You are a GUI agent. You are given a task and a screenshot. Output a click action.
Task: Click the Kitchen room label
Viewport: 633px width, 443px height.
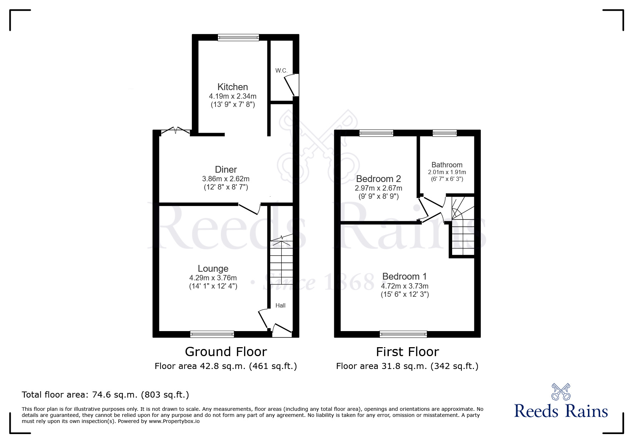pos(233,87)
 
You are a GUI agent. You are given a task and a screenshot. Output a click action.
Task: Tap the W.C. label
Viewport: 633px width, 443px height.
pos(282,70)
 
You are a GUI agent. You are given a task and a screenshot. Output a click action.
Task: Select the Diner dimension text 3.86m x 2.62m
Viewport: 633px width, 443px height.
pos(226,179)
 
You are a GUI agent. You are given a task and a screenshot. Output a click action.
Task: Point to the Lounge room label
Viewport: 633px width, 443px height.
pos(213,269)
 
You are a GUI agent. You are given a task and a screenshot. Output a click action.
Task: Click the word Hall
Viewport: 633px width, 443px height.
pos(281,305)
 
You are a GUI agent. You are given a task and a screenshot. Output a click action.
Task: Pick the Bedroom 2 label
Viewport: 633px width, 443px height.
pos(379,179)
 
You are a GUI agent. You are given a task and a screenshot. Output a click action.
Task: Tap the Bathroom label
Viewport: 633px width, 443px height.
pos(447,165)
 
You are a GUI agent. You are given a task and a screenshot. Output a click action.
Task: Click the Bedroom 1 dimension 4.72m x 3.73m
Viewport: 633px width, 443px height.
pos(405,286)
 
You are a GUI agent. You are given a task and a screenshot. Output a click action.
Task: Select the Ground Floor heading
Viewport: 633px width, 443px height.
pos(226,352)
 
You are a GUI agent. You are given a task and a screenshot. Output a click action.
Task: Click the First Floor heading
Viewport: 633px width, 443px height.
pos(407,352)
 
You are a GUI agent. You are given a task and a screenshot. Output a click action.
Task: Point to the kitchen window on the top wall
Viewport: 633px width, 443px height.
pos(238,37)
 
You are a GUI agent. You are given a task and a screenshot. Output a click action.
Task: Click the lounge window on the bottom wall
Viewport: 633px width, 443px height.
pos(212,334)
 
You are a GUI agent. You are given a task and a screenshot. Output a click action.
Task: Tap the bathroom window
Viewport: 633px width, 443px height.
pos(445,133)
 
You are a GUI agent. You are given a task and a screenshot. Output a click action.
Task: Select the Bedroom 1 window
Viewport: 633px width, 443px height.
pos(404,334)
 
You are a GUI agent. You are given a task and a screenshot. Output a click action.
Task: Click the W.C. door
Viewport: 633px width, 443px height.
pos(291,85)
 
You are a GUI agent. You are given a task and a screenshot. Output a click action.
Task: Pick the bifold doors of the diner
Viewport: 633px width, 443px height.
pos(175,131)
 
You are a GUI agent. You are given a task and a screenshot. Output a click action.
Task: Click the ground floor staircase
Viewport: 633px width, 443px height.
pos(282,260)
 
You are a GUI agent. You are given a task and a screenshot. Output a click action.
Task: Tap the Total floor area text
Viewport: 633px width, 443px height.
pos(105,395)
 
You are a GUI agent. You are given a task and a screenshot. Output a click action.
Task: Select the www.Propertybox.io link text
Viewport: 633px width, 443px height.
pos(174,421)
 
